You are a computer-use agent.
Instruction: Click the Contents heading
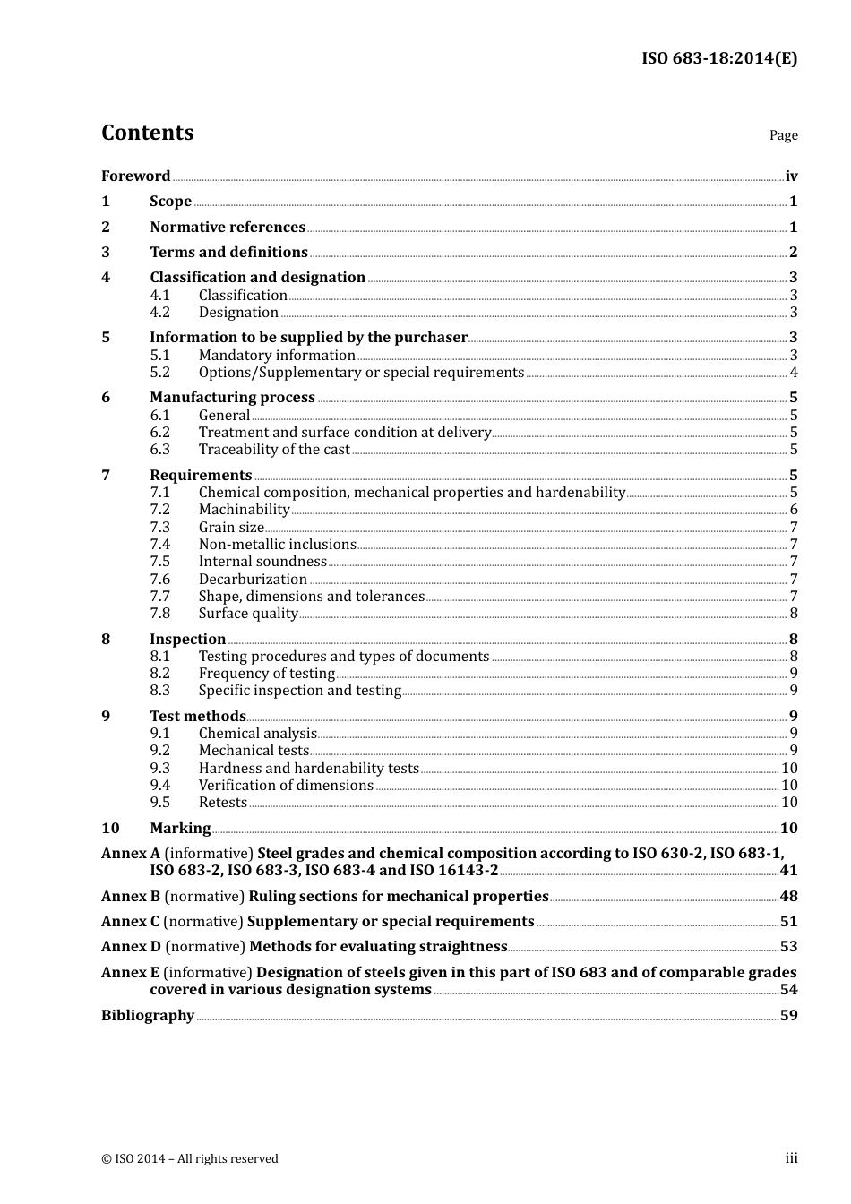pyautogui.click(x=147, y=133)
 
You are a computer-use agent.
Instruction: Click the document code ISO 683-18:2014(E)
pyautogui.click(x=718, y=58)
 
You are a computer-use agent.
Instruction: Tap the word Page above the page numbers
pyautogui.click(x=783, y=135)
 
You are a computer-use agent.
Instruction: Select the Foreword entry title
pyautogui.click(x=135, y=176)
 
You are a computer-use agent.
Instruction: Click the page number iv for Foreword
pyautogui.click(x=791, y=176)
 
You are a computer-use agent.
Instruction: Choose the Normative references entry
pyautogui.click(x=228, y=228)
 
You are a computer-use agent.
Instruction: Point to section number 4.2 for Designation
pyautogui.click(x=159, y=313)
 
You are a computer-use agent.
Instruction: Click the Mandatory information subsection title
pyautogui.click(x=277, y=356)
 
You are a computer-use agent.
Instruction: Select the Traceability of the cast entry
pyautogui.click(x=274, y=450)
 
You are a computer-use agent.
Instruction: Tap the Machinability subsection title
pyautogui.click(x=244, y=510)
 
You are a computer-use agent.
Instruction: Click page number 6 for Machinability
pyautogui.click(x=794, y=510)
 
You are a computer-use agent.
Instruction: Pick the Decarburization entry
pyautogui.click(x=253, y=580)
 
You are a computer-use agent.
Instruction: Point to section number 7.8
pyautogui.click(x=159, y=614)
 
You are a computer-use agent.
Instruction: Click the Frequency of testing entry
pyautogui.click(x=266, y=674)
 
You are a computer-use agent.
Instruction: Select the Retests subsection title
pyautogui.click(x=222, y=803)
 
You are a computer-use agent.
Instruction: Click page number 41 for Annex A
pyautogui.click(x=788, y=871)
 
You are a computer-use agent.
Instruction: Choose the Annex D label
pyautogui.click(x=131, y=947)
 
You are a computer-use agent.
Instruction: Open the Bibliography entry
pyautogui.click(x=148, y=1016)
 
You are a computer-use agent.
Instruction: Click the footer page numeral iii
pyautogui.click(x=791, y=1158)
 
